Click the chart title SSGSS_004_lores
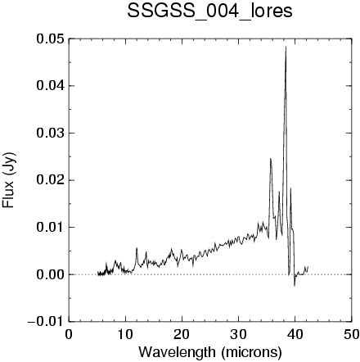coord(209,11)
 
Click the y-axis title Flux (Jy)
coord(9,179)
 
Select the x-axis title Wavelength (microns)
coord(210,352)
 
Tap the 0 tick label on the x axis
coord(69,334)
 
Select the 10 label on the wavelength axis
coord(125,334)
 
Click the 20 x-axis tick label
coord(182,334)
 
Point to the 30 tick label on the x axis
coord(238,334)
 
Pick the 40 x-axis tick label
coord(295,334)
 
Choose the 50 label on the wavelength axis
coord(351,334)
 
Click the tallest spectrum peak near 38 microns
coord(286,47)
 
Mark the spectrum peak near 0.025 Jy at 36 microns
coord(270,159)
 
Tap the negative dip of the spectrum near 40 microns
coord(295,285)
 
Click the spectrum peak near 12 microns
coord(137,248)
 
